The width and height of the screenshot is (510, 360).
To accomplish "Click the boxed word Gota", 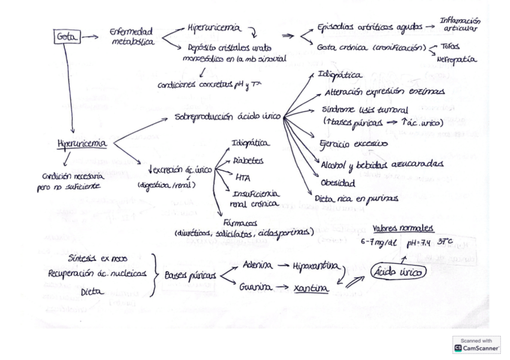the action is point(67,37).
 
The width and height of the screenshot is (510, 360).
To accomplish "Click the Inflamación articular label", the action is point(461,25).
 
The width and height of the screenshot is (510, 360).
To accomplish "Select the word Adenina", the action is point(259,265).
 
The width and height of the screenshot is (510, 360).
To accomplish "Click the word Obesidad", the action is point(337,182).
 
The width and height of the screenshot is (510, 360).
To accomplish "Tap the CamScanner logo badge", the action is point(476,344).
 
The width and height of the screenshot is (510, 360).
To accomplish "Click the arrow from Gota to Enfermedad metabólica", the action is point(90,37).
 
